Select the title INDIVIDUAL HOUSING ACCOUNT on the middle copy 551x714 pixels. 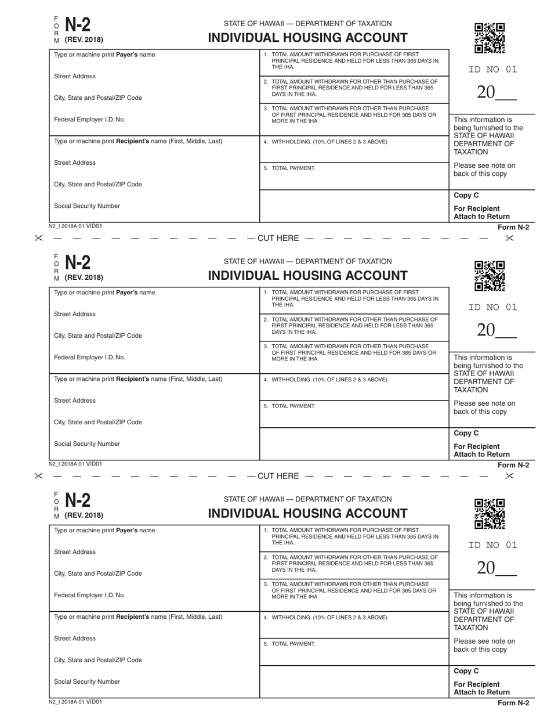pyautogui.click(x=307, y=276)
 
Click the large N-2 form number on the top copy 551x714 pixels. pyautogui.click(x=78, y=25)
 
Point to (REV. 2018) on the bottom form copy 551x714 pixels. pyautogui.click(x=84, y=515)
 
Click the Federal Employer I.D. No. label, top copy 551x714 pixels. pyautogui.click(x=89, y=120)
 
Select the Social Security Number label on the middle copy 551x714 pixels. pyautogui.click(x=87, y=444)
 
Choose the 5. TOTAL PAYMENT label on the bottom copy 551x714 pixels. pyautogui.click(x=289, y=644)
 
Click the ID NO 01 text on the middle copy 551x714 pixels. pyautogui.click(x=492, y=308)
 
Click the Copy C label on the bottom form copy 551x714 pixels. pyautogui.click(x=466, y=671)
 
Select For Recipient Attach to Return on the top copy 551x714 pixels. pyautogui.click(x=481, y=212)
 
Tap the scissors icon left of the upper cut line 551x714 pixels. pyautogui.click(x=39, y=238)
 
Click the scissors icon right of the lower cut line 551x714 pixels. pyautogui.click(x=509, y=476)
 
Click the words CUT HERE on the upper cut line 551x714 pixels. pyautogui.click(x=278, y=238)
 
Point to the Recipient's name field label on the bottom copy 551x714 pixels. pyautogui.click(x=138, y=617)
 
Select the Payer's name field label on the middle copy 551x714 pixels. pyautogui.click(x=104, y=293)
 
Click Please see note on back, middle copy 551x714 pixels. pyautogui.click(x=484, y=408)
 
